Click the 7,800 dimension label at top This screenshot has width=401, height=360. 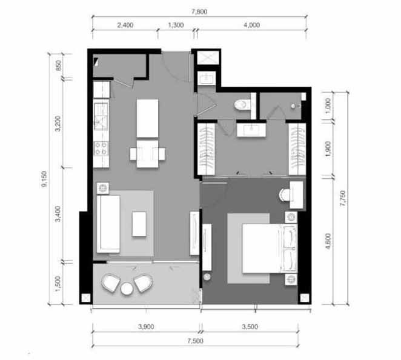199,12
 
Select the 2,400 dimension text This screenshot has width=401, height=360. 125,25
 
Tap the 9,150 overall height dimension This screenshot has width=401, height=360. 44,179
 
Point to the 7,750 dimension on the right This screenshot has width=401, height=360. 342,198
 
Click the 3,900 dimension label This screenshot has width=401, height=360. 146,327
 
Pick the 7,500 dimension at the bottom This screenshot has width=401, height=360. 196,341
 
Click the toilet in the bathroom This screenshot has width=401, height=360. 242,104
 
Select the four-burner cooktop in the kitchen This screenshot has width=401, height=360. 101,148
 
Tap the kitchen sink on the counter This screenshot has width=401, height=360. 101,116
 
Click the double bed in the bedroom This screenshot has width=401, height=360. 270,248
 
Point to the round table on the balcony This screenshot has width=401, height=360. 127,288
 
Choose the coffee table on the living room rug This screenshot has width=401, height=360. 139,224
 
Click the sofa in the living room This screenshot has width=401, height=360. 108,224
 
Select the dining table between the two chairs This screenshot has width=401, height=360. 147,154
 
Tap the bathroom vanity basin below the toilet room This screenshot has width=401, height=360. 251,130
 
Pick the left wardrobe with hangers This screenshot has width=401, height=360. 206,149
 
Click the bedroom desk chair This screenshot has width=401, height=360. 283,195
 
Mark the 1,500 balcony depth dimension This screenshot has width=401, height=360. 58,283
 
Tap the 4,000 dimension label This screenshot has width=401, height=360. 251,25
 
